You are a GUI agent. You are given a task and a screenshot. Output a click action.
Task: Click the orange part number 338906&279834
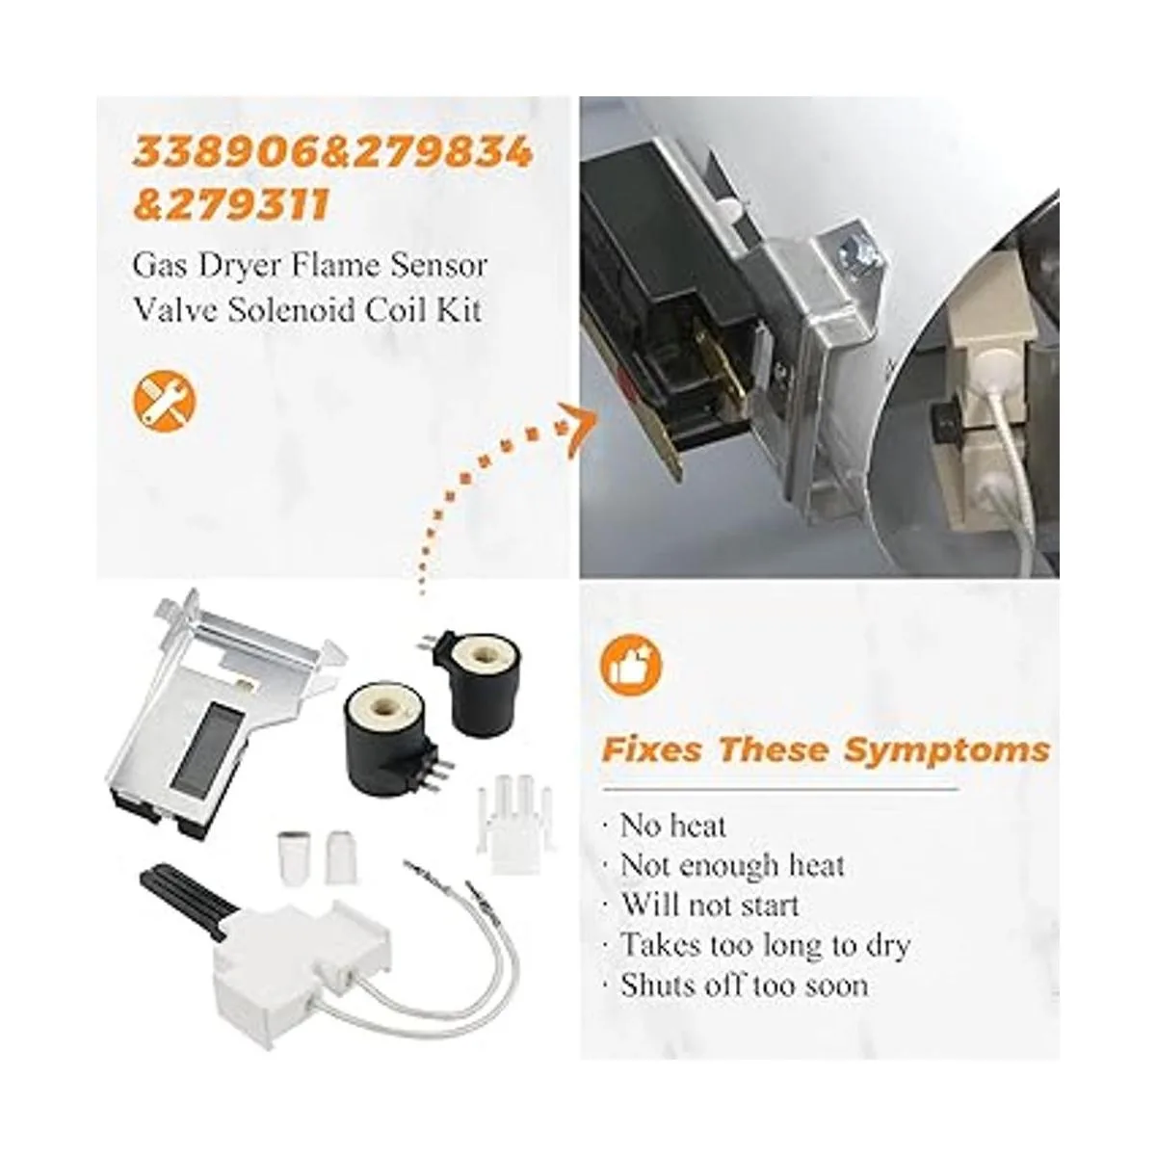332,152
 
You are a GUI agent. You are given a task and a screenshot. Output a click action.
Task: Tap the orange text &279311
231,202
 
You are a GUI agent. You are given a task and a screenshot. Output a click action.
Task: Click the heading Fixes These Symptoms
826,749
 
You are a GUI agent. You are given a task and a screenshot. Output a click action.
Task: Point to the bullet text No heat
671,826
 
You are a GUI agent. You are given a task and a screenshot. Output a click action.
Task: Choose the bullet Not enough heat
732,866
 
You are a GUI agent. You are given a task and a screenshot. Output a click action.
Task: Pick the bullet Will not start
709,906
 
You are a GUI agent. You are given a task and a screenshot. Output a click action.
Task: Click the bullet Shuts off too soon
744,985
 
